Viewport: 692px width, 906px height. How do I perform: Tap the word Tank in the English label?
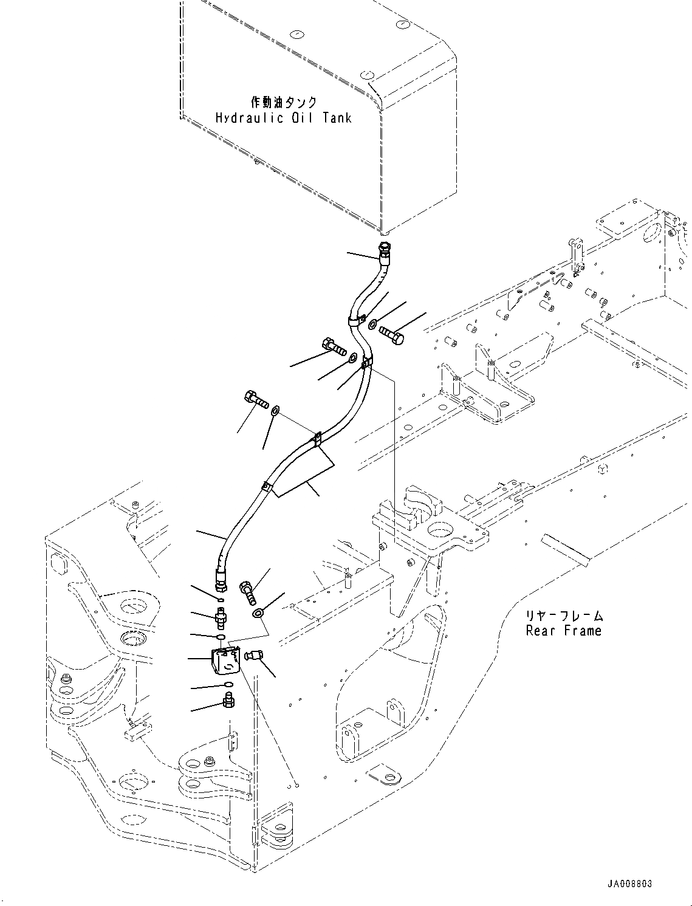337,118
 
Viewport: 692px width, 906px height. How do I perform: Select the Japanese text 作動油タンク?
284,102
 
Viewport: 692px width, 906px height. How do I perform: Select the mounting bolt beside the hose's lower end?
248,592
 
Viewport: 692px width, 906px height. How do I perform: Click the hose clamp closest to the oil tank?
358,320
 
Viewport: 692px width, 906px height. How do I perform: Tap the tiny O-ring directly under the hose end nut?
221,600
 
